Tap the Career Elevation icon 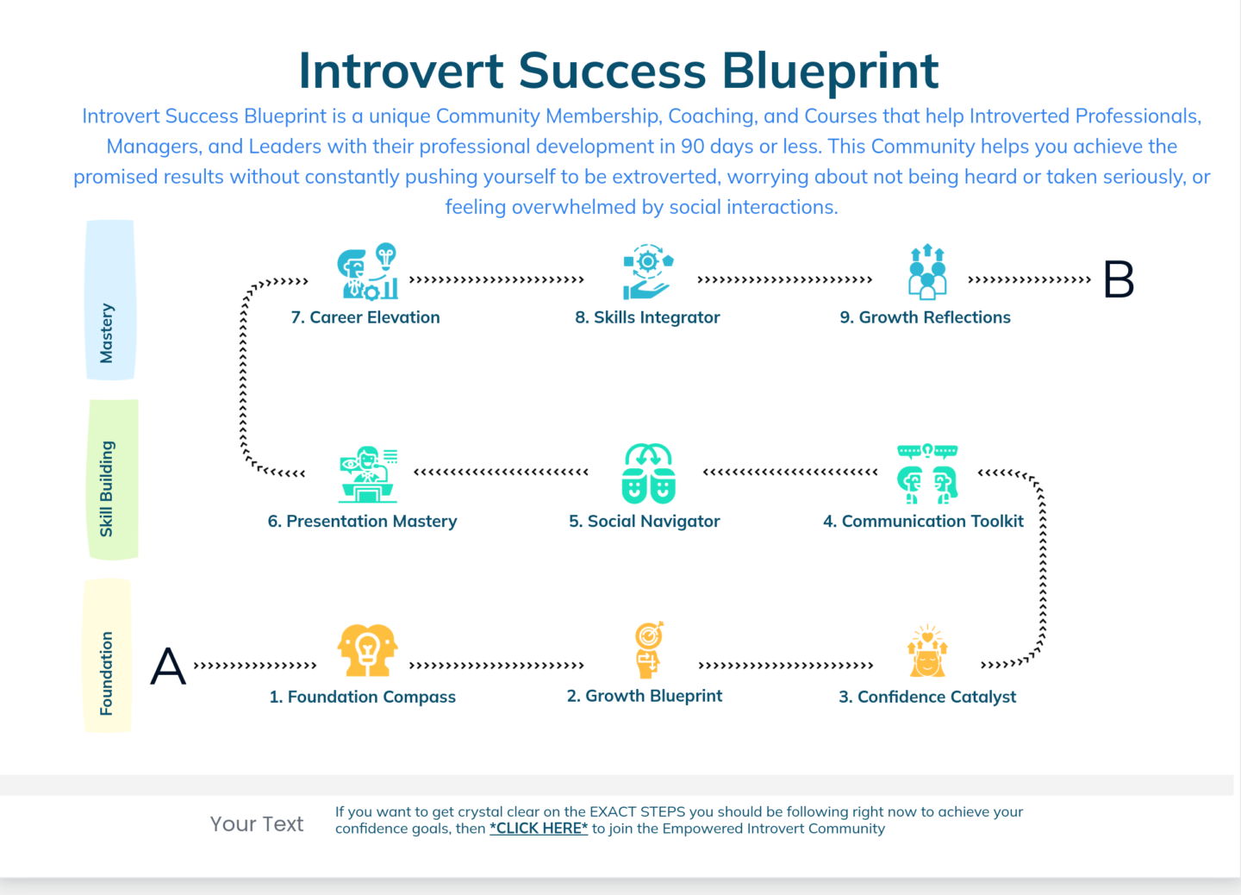(368, 272)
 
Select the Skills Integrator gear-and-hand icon (647, 272)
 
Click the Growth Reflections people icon (927, 272)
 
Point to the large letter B (1119, 280)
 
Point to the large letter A (168, 667)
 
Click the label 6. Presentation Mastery (362, 522)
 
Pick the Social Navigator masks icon (648, 473)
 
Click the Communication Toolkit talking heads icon (927, 474)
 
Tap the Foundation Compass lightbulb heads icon (368, 650)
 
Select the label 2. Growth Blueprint (645, 696)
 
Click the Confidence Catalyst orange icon (927, 651)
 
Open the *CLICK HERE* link (539, 829)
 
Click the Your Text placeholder (257, 824)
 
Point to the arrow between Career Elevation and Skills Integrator (496, 280)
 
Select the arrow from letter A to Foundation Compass (255, 666)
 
